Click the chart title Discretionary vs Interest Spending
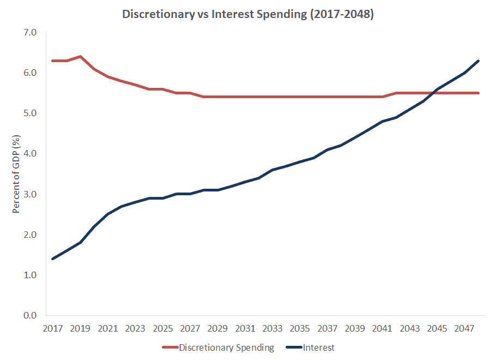[248, 15]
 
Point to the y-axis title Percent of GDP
[16, 174]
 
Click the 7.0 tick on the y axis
[30, 33]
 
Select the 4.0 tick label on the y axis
[30, 154]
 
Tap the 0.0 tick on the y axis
[30, 315]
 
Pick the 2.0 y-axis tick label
[30, 235]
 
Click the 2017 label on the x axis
[53, 329]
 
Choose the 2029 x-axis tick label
[218, 329]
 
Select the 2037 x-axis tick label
[328, 329]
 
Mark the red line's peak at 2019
[80, 57]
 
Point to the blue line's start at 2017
[53, 259]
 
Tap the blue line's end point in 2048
[479, 61]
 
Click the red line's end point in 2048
[479, 93]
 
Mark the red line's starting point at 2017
[53, 61]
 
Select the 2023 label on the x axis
[135, 329]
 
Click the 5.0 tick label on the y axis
[30, 113]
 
